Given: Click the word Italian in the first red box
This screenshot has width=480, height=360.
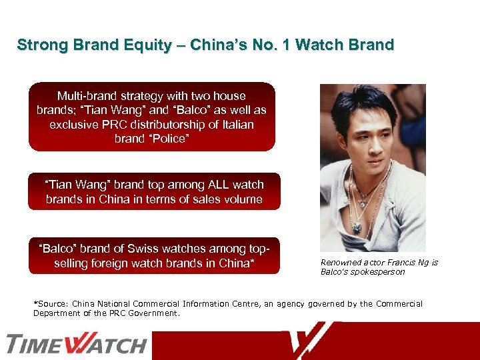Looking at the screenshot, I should (235, 125).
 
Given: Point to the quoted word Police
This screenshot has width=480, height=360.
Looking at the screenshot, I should (167, 139).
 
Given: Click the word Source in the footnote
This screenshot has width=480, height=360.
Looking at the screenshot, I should (51, 304).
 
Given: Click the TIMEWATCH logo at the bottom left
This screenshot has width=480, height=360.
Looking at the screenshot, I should (77, 344).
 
